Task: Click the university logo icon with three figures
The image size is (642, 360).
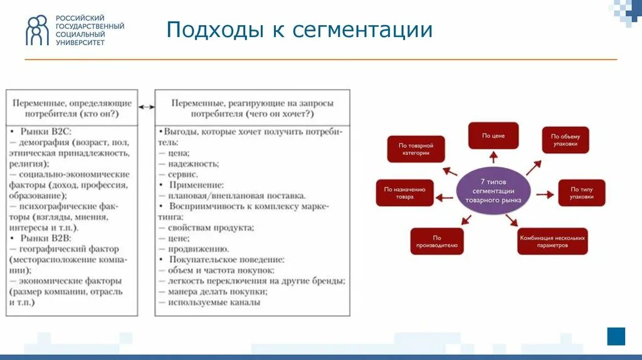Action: pos(37,30)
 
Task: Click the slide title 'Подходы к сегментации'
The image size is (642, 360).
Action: pos(300,30)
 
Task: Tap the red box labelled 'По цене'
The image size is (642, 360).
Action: pos(493,135)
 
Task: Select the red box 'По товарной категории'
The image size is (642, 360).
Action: pos(416,149)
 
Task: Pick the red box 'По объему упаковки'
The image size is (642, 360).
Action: pos(566,140)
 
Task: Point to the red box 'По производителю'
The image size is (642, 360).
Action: pos(437,241)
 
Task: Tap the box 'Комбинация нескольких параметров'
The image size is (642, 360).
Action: pos(552,241)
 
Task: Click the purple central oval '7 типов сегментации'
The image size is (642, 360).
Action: pos(494,191)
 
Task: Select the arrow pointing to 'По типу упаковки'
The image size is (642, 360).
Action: pos(544,194)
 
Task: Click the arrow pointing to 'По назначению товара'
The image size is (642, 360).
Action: pos(445,198)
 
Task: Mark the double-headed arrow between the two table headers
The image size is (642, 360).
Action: pos(146,107)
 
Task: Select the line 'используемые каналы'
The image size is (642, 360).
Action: pos(213,302)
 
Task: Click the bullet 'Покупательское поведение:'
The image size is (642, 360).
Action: pos(226,260)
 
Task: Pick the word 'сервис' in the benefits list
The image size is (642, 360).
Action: pos(182,174)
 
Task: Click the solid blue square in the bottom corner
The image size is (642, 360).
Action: pos(616,336)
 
